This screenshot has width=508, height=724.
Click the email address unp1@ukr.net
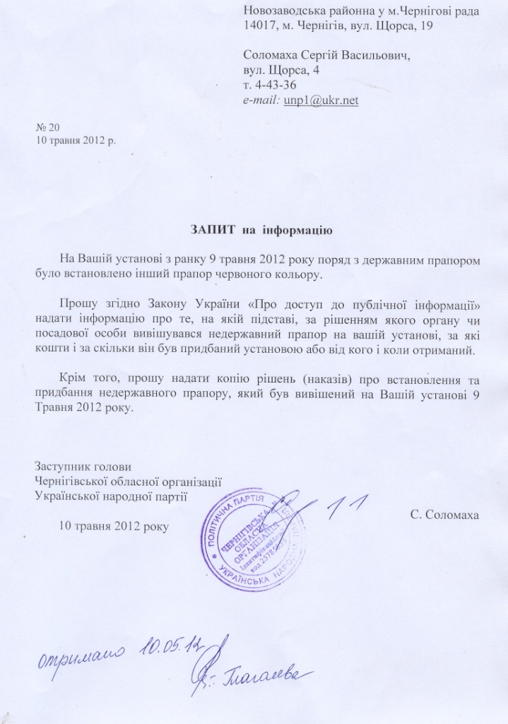click(321, 100)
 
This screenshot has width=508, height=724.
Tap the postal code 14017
click(258, 26)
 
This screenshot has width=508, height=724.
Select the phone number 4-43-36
click(273, 85)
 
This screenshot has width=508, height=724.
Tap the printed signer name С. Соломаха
click(444, 514)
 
